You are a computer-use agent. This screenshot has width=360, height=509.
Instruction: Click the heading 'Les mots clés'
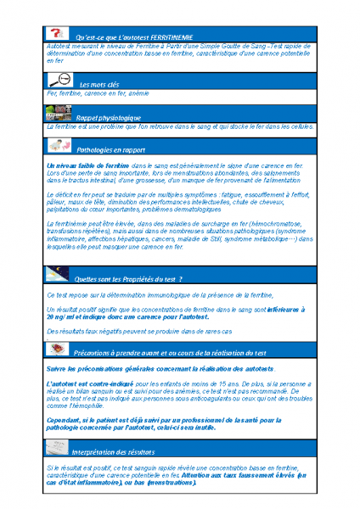99,85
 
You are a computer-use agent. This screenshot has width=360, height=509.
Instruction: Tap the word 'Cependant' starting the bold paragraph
63,418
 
